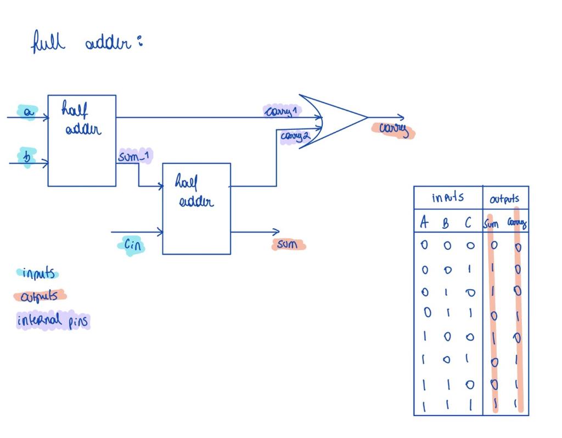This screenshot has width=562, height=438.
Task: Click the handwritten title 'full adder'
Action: pos(86,43)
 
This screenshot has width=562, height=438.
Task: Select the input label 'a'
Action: pos(27,113)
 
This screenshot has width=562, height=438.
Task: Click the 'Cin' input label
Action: pos(132,245)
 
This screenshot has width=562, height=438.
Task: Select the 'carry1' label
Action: pos(281,111)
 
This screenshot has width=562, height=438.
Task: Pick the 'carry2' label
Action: pos(294,136)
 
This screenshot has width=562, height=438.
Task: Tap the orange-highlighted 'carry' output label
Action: pos(394,130)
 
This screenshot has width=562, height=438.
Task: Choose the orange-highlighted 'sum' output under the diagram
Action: pos(288,245)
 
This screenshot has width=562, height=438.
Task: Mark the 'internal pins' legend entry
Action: pos(53,321)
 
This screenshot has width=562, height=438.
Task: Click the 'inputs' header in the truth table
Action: pos(447,198)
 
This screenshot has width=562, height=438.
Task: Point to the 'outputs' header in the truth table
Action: pos(505,199)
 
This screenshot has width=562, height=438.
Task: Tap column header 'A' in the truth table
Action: pos(424,222)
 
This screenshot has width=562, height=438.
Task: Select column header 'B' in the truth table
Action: pos(447,223)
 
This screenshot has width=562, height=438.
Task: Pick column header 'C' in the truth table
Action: pos(468,222)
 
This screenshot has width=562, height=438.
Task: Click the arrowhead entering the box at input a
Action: pos(45,117)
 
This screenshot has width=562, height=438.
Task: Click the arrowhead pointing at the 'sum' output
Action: pos(276,232)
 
